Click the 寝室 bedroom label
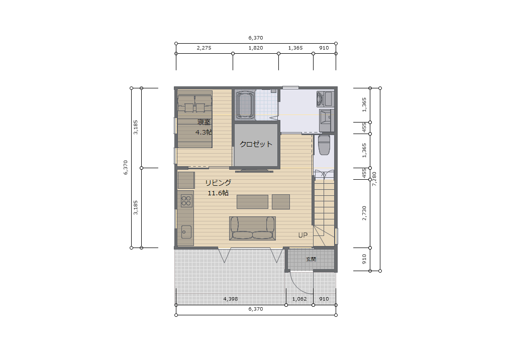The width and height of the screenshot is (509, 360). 204,123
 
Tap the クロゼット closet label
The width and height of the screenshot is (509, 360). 256,144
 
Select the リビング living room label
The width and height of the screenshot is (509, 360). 218,183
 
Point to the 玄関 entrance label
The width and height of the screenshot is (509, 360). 311,259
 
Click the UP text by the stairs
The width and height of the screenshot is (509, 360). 303,235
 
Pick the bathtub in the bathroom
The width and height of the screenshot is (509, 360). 244,105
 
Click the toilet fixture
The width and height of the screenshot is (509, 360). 324,145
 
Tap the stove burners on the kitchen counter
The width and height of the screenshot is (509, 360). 186,201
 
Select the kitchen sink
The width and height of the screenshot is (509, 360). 186,232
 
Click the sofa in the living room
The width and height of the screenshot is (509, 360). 253,228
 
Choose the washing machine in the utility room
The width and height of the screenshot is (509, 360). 325,99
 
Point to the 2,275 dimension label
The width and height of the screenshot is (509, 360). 204,48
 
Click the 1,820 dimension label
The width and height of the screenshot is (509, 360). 256,48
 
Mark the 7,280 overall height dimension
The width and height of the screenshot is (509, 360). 374,179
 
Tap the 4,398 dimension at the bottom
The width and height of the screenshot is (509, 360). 231,299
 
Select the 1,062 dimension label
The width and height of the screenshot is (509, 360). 299,299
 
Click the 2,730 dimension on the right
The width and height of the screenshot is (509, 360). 364,213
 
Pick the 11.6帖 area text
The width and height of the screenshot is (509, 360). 218,193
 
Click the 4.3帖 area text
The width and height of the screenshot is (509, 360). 204,133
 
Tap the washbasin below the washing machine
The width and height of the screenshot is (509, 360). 326,121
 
